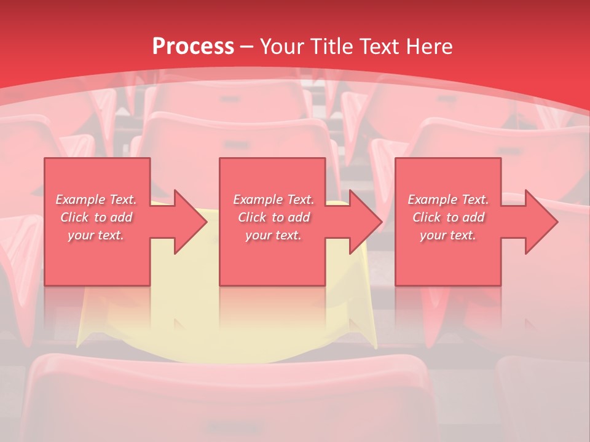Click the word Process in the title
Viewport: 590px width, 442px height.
click(x=193, y=47)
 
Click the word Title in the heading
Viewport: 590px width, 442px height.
click(x=331, y=47)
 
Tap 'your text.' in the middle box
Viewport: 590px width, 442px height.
click(x=273, y=235)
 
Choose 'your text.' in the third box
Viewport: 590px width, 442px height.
click(x=448, y=235)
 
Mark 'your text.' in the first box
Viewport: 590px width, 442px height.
click(x=96, y=235)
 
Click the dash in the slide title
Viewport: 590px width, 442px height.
click(x=247, y=47)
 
